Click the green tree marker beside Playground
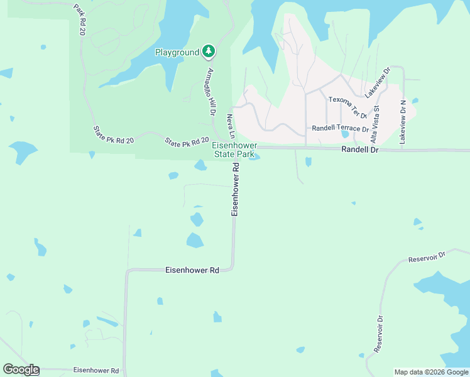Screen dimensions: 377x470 pyautogui.click(x=208, y=52)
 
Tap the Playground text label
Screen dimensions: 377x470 pyautogui.click(x=177, y=53)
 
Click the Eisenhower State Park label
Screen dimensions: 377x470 pyautogui.click(x=234, y=150)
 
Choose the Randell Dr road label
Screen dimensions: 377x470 pyautogui.click(x=360, y=150)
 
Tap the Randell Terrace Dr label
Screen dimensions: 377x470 pyautogui.click(x=340, y=128)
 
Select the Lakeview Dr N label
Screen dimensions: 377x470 pyautogui.click(x=403, y=123)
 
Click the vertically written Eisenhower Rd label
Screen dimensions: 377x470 pyautogui.click(x=236, y=190)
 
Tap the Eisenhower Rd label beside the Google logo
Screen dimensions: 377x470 pyautogui.click(x=96, y=371)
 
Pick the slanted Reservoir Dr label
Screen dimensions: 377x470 pyautogui.click(x=426, y=258)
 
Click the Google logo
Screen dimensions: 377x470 pyautogui.click(x=21, y=369)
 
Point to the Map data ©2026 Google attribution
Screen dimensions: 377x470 pyautogui.click(x=432, y=372)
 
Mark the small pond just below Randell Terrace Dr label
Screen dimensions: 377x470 pyautogui.click(x=344, y=134)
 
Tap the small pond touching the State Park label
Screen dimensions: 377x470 pyautogui.click(x=254, y=157)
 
